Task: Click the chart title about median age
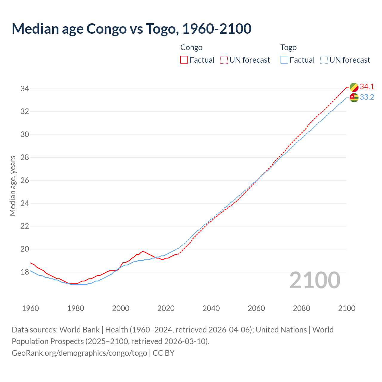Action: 131,29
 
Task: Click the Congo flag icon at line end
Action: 354,87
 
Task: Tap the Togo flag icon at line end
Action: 354,97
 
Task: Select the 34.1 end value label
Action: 367,87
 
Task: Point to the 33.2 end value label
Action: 367,97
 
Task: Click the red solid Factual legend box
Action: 184,60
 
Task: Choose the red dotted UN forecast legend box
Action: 224,60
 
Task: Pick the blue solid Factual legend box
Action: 284,60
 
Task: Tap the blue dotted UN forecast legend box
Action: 324,60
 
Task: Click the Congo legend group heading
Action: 191,47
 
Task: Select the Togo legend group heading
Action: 288,47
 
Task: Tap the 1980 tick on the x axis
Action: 76,308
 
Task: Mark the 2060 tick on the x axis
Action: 256,308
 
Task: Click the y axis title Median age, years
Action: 13,186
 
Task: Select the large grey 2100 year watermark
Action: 315,280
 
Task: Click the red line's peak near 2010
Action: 143,251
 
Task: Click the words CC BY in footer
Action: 164,353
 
